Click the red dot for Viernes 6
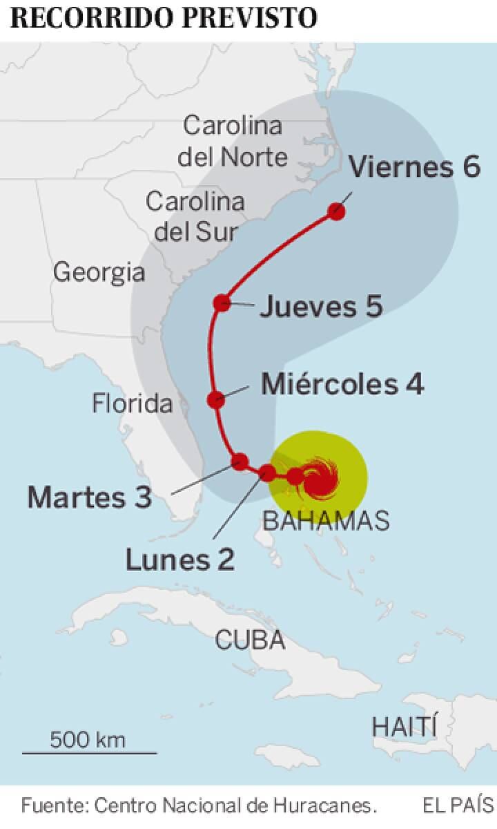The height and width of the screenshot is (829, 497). pos(337,211)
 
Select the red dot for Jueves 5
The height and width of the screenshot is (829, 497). pos(222,303)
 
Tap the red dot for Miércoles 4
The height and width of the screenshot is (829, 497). pos(216,399)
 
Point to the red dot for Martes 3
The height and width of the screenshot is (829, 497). pos(240,461)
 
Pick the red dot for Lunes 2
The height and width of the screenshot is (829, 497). pos(267,473)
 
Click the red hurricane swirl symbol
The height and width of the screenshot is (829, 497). pos(319,477)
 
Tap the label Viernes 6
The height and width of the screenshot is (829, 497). pos(414,167)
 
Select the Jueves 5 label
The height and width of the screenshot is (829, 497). pos(321,307)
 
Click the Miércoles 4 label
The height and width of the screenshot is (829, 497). pos(342,384)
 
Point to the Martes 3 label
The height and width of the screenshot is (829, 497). pos(89,497)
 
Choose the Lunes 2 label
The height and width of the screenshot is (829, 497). pos(179,559)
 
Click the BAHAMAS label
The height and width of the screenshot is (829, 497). pos(327,521)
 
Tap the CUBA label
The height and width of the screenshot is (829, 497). pos(250,640)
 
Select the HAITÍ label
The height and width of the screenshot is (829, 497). pos(405,726)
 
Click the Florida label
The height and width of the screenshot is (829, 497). pos(133,403)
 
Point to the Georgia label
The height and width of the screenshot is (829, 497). pos(99,272)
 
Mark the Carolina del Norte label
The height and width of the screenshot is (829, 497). pos(233,142)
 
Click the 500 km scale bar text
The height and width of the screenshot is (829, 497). pos(88,740)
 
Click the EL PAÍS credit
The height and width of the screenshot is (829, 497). pos(458,806)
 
